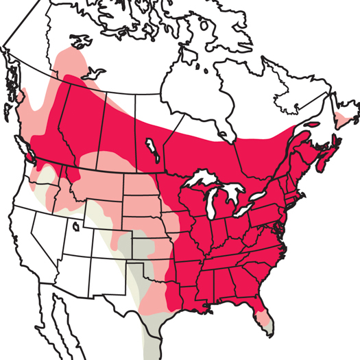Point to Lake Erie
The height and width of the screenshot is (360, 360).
click(x=247, y=215)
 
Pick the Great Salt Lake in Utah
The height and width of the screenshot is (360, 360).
click(x=75, y=225)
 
